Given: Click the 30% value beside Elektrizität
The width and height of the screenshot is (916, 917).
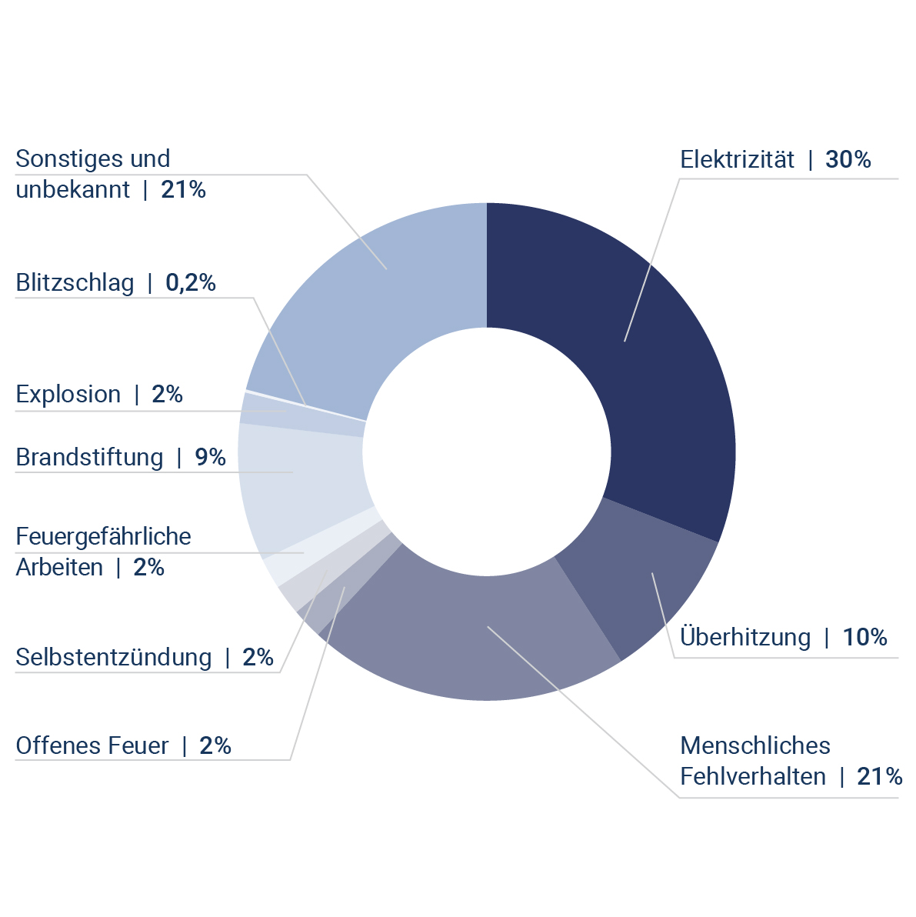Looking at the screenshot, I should point(848,160).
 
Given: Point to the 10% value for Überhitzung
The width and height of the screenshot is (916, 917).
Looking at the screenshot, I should point(864,638).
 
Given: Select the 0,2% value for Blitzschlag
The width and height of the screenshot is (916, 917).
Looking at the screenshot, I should point(191,283).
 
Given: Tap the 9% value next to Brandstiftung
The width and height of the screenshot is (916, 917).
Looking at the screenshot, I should point(210,458).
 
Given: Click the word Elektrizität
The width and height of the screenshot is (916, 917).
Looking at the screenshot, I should point(737,160).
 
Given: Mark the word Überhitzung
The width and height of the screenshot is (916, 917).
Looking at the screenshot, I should point(745,638).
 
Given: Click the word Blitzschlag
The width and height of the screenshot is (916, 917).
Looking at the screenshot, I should point(75,283).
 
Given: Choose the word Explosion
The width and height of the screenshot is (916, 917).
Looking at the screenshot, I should point(68,395).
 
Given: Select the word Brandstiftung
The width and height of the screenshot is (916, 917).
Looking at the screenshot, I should point(89,458).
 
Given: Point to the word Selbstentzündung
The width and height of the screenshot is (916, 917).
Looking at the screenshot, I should point(114,658).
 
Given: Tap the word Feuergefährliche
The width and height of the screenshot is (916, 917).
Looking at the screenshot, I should point(103,536).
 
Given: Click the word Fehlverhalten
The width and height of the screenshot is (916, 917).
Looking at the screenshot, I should point(753,777).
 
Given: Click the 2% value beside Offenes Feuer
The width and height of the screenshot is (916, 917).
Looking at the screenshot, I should point(215,746).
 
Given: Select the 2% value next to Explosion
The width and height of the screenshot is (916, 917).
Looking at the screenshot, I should point(167,395).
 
